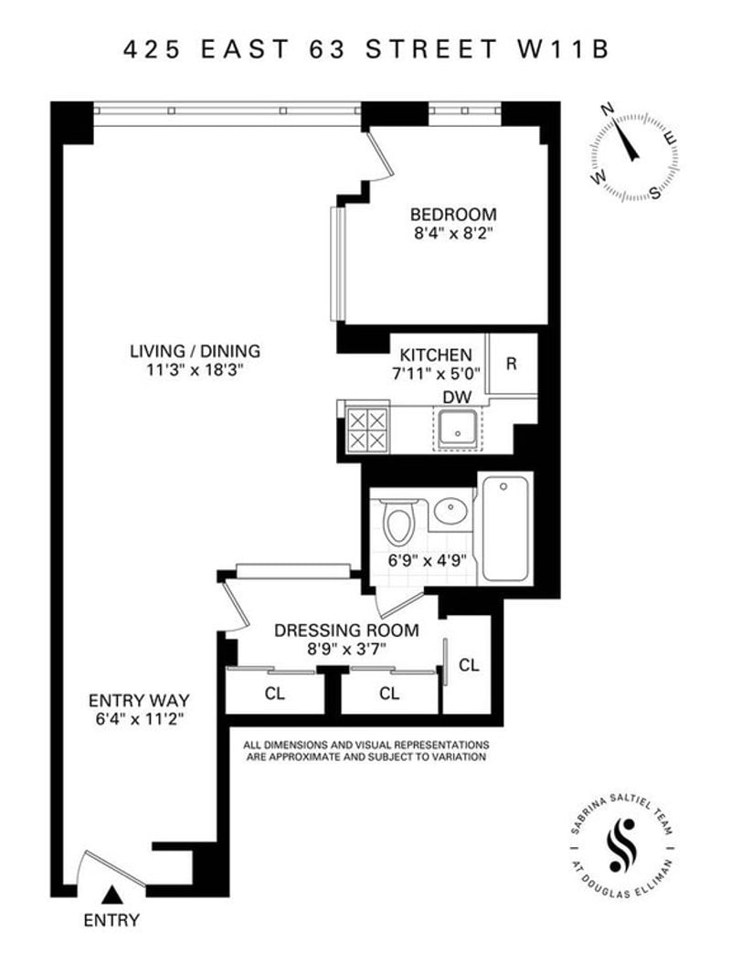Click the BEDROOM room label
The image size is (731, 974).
click(x=453, y=215)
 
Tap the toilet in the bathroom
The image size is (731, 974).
click(x=397, y=523)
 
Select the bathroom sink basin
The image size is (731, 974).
click(x=450, y=512)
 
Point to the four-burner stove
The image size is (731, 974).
click(x=367, y=429)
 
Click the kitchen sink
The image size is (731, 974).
click(x=458, y=429)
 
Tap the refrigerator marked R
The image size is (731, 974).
click(x=512, y=364)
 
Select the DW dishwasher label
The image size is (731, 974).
click(x=457, y=397)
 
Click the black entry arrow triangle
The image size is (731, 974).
click(x=111, y=895)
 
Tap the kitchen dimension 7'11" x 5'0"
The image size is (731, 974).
click(x=436, y=375)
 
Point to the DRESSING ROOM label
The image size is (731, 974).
click(x=346, y=630)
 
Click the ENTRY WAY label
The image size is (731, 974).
click(x=139, y=701)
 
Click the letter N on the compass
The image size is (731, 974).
click(x=608, y=111)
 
